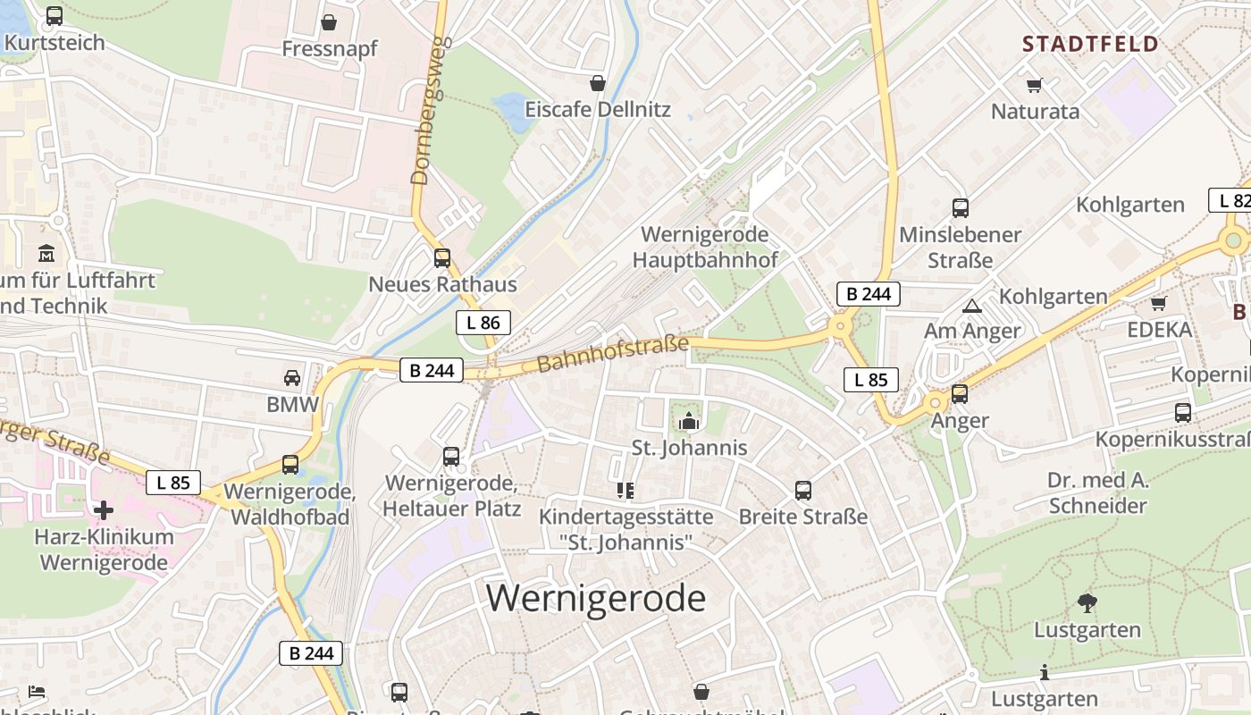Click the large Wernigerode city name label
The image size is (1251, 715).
point(596,598)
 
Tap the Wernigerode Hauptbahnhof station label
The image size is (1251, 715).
point(705,248)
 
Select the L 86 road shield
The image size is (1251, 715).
point(483,323)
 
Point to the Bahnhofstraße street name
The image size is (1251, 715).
point(613,355)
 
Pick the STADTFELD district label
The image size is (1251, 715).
point(1090,44)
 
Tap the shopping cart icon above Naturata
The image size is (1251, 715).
point(1035,86)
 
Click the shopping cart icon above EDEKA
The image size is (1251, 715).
point(1159,304)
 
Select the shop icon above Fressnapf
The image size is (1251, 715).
point(329,22)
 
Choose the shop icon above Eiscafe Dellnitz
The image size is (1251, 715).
point(597,83)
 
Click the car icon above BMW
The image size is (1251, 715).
point(292,378)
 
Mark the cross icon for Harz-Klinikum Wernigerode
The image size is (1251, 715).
point(104,510)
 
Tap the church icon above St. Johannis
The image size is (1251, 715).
point(689,421)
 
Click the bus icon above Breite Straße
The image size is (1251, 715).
point(802,491)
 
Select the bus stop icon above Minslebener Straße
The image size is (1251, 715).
point(961,208)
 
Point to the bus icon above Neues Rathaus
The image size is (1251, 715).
point(442,258)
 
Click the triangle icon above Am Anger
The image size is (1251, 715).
point(972,306)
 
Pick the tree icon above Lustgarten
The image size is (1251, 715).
point(1087,603)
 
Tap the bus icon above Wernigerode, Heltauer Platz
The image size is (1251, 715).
point(451,457)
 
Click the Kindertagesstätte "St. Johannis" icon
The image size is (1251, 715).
point(625,491)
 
